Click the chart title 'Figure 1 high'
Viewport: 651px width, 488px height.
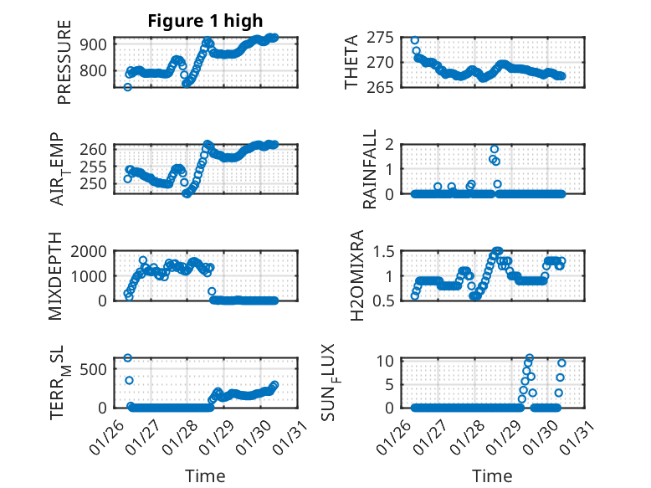205,21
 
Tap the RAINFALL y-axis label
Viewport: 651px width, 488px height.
369,170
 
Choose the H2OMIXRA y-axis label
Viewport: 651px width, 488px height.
351,275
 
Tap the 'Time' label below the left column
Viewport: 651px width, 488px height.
205,476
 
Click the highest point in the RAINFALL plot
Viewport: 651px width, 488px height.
495,150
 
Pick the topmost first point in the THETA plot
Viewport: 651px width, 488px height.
414,40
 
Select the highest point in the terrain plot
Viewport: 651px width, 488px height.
128,358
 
